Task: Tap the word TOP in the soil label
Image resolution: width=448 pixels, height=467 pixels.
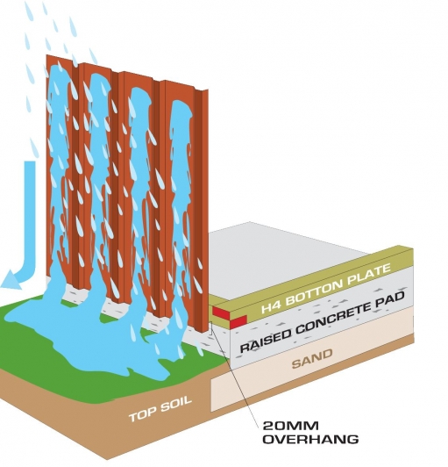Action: [142, 413]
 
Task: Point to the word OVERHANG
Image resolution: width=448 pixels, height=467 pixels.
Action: [310, 439]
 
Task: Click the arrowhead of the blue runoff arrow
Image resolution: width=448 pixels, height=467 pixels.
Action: [12, 279]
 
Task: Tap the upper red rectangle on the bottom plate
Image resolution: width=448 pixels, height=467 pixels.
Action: [221, 312]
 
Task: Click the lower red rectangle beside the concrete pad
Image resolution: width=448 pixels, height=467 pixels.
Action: [238, 321]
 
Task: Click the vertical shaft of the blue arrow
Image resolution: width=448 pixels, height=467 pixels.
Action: [30, 214]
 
